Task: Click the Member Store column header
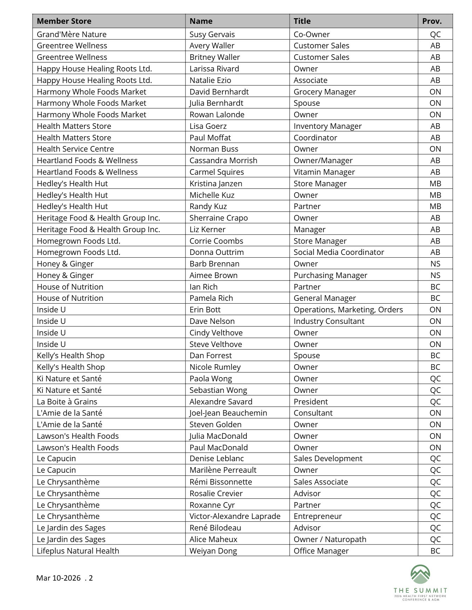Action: (64, 21)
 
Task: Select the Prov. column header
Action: (432, 21)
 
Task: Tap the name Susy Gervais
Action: (212, 34)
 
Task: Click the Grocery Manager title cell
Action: (324, 92)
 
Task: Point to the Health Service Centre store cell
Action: (75, 149)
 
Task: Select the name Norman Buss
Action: (214, 149)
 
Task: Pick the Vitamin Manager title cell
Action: (324, 172)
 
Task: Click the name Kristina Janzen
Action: (216, 183)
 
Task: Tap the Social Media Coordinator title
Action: (338, 252)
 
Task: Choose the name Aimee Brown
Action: (213, 275)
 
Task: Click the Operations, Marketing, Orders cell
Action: (348, 310)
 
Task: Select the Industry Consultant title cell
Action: (329, 321)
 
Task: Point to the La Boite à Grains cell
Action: (67, 402)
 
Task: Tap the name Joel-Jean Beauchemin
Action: (228, 413)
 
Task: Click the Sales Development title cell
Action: (328, 458)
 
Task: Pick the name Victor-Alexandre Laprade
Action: (235, 516)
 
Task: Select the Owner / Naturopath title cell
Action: (330, 539)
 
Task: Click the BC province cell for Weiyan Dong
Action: (435, 551)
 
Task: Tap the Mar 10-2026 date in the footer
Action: (58, 578)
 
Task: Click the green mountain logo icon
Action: (420, 574)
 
